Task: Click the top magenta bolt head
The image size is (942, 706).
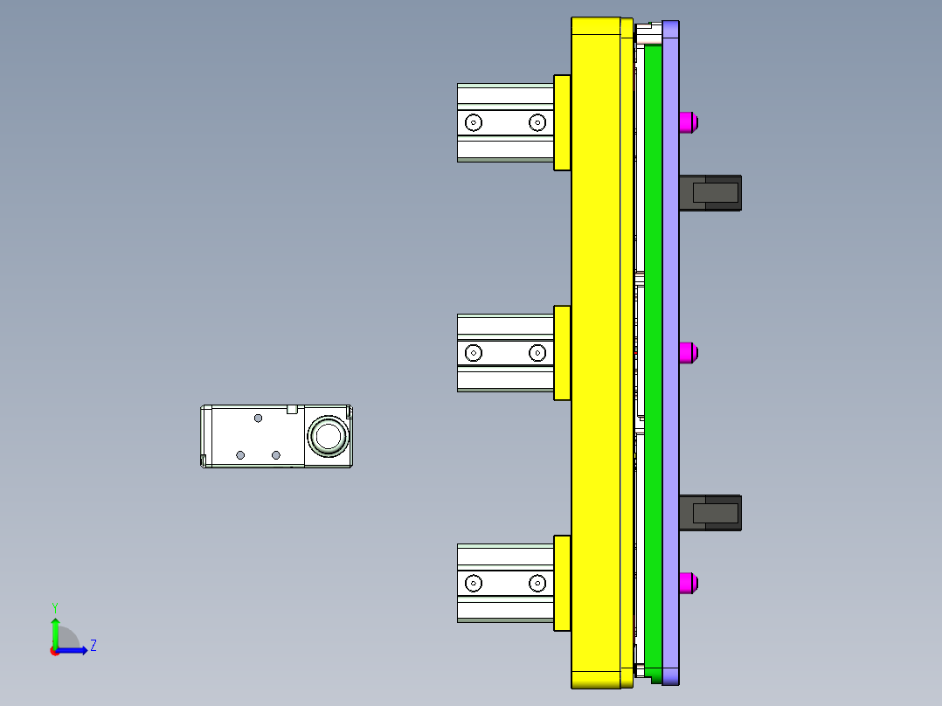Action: point(689,122)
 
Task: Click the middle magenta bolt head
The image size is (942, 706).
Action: point(689,353)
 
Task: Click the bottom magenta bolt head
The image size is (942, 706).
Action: point(689,583)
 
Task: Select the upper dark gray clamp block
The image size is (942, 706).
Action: point(710,193)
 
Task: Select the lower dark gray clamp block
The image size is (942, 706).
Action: point(710,513)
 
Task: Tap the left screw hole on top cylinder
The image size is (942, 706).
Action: point(473,122)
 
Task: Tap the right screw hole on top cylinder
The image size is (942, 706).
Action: point(537,122)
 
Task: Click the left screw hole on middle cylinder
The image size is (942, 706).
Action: point(473,353)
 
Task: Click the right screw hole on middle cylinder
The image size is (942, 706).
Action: point(537,353)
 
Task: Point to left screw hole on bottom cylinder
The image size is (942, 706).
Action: point(473,583)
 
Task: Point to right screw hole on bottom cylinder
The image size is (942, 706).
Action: point(537,583)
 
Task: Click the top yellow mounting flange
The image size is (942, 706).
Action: point(562,122)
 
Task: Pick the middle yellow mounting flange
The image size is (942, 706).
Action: point(562,353)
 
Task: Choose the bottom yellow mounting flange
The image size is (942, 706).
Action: point(562,583)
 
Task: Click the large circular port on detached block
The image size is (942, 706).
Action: point(327,436)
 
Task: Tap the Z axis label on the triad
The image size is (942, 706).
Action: point(94,646)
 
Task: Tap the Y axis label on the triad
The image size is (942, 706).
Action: point(54,607)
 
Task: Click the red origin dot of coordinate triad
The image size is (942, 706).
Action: point(54,651)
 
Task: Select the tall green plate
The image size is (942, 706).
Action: point(653,350)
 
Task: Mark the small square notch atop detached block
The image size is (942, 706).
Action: point(293,408)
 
